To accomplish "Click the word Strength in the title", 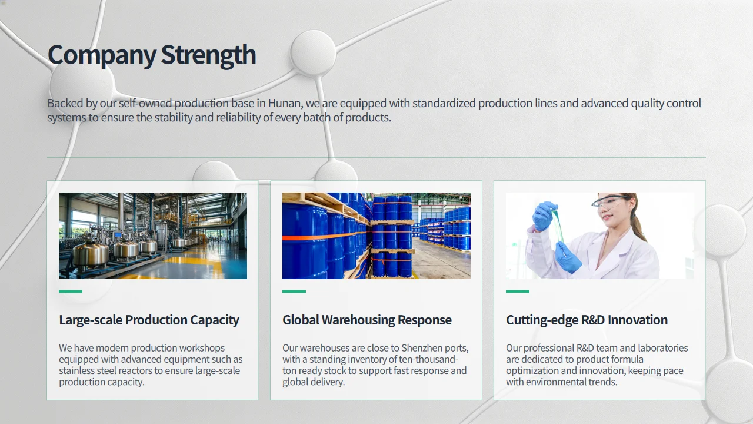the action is click(x=208, y=55).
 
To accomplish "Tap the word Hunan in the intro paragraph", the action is click(x=284, y=103).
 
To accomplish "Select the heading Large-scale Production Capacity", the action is click(x=149, y=320).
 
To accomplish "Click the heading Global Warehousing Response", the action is click(x=366, y=320).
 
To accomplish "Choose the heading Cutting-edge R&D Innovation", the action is click(x=587, y=320).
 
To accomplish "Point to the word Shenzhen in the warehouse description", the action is click(x=422, y=348).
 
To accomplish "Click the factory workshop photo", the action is click(x=153, y=236).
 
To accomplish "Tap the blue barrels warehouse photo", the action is click(x=376, y=236).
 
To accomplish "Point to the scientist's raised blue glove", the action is click(x=544, y=216).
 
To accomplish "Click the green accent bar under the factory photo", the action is click(x=71, y=291).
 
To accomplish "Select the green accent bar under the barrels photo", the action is click(x=294, y=291).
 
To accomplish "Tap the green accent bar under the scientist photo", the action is click(x=518, y=291).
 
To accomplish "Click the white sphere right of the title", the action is click(x=314, y=53).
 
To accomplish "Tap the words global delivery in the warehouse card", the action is click(x=314, y=382).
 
